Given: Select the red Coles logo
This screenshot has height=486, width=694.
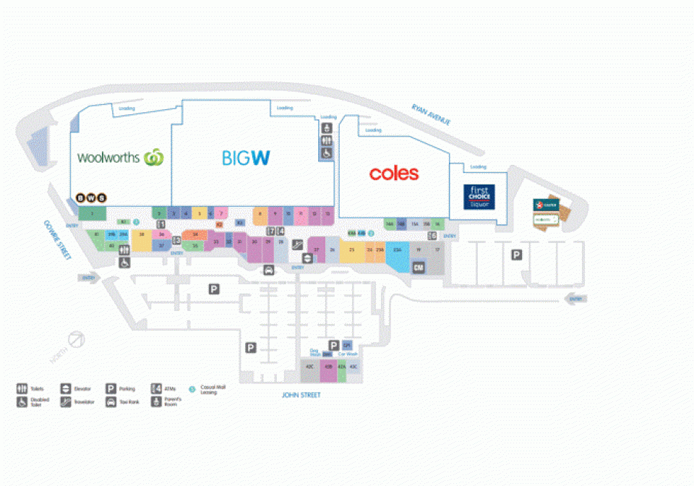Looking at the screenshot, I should [393, 174].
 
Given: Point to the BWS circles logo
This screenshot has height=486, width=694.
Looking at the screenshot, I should [91, 197].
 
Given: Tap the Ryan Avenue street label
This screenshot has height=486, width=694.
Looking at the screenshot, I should [431, 115].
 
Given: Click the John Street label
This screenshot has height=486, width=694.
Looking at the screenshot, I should [301, 395].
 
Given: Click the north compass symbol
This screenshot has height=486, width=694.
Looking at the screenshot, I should [77, 339].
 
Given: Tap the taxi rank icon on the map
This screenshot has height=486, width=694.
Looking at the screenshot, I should [269, 270].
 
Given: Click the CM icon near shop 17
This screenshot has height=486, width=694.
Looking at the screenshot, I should [418, 268].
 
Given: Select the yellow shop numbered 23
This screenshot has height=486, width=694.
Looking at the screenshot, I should [351, 250].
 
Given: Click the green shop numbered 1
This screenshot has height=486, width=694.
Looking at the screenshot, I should [92, 213].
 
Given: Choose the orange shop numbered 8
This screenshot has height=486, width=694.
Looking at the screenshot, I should [260, 214].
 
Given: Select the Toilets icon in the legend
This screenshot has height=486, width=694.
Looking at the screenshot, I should [21, 388].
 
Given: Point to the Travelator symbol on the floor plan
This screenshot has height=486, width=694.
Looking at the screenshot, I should [296, 244].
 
